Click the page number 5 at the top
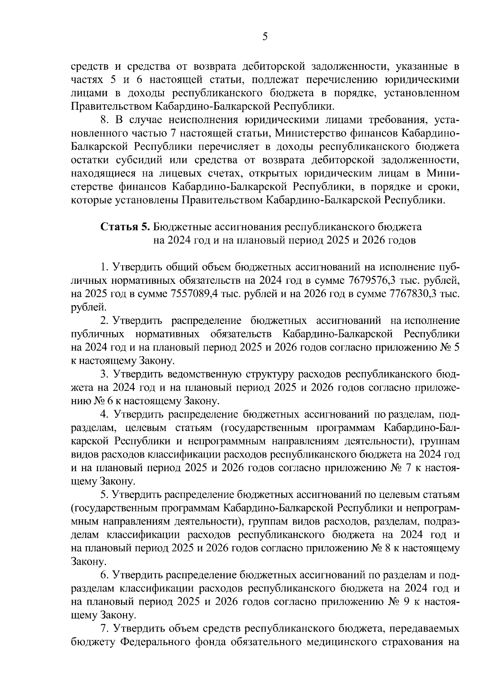265,37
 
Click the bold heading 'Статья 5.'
125,227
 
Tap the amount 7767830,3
414,294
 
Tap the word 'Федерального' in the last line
153,642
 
